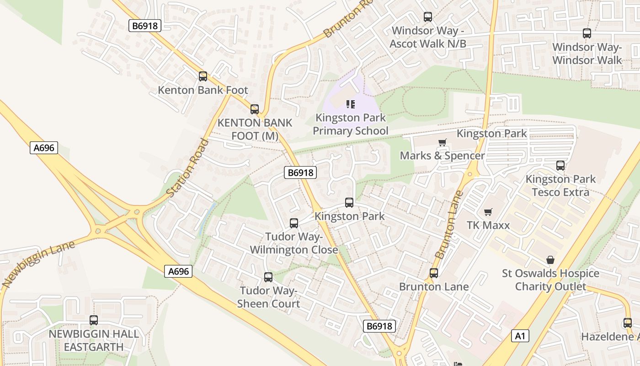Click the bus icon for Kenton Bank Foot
click(203, 76)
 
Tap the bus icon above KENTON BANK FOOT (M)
click(255, 109)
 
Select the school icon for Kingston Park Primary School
click(350, 104)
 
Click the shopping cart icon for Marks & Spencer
click(442, 142)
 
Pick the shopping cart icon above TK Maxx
click(488, 212)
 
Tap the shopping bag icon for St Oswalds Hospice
click(550, 260)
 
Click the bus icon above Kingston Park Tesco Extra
click(560, 166)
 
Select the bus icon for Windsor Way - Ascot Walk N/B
click(428, 17)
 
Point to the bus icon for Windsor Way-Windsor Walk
click(587, 33)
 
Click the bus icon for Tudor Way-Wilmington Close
click(294, 223)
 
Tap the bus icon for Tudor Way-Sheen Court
click(268, 277)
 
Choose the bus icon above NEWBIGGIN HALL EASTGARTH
click(94, 320)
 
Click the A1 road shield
click(520, 336)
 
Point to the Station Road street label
click(188, 168)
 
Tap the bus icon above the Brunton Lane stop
click(433, 273)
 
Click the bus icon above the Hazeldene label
click(627, 323)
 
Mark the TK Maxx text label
click(488, 225)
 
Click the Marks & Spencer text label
click(442, 156)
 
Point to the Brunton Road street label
click(347, 19)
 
